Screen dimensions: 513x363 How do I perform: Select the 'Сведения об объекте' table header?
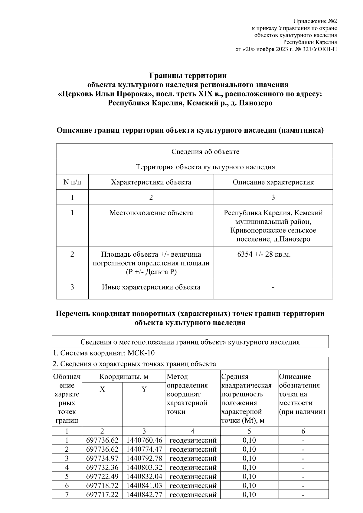[x=205, y=151]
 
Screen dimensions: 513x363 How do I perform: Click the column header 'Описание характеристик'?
[x=273, y=182]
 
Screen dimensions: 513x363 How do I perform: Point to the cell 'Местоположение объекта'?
[x=151, y=213]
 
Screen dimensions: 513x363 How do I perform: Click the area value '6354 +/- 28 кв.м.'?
[x=264, y=254]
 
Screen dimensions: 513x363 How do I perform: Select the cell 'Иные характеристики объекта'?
[x=151, y=287]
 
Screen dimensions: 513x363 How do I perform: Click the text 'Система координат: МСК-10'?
[x=104, y=353]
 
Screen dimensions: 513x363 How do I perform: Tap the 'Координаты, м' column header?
[x=124, y=377]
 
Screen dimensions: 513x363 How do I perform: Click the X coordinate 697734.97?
[x=102, y=458]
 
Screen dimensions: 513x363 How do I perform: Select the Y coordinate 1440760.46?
[x=144, y=440]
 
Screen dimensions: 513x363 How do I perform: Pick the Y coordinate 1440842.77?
[x=144, y=495]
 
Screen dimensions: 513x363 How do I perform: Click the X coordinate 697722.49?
[x=102, y=476]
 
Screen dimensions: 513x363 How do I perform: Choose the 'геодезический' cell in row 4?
[x=193, y=467]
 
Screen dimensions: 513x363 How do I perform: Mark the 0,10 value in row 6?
[x=249, y=485]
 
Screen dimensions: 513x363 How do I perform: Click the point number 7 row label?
[x=67, y=495]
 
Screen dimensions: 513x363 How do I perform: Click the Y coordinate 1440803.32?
[x=144, y=467]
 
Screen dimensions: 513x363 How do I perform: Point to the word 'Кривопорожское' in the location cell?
[x=256, y=230]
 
